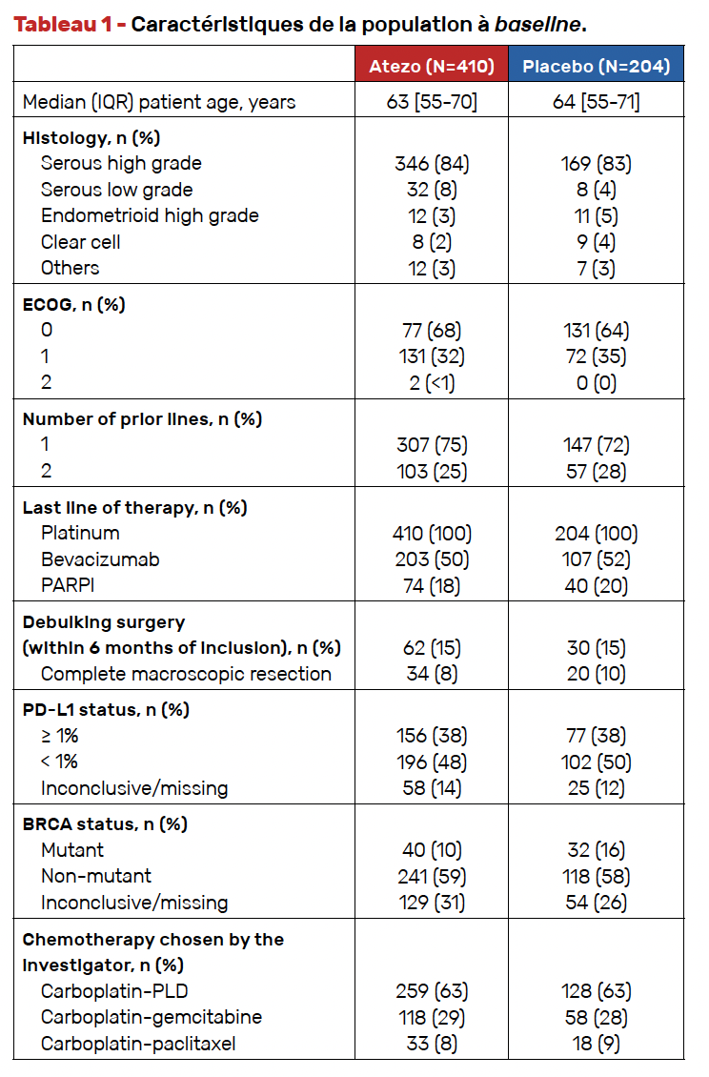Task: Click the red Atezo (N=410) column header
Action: [432, 65]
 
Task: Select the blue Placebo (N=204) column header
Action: [597, 65]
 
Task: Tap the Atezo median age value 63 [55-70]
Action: [432, 102]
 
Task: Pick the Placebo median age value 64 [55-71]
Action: [597, 102]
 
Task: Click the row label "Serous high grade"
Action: [121, 163]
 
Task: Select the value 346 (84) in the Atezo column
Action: [432, 164]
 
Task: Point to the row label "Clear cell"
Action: [80, 242]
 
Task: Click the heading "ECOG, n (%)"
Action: [73, 304]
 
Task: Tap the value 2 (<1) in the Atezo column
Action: [432, 382]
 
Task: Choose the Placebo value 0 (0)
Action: [597, 382]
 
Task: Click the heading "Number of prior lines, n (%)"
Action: [142, 419]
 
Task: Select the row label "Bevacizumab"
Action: [100, 559]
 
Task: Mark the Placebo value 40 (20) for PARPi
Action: [597, 586]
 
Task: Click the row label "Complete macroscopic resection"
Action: [186, 674]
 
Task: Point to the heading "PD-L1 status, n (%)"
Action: [106, 709]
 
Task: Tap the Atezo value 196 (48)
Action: [432, 762]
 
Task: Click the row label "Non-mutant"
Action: [95, 876]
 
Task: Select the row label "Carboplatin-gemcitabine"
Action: [152, 1017]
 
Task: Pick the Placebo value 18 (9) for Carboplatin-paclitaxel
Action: [597, 1044]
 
